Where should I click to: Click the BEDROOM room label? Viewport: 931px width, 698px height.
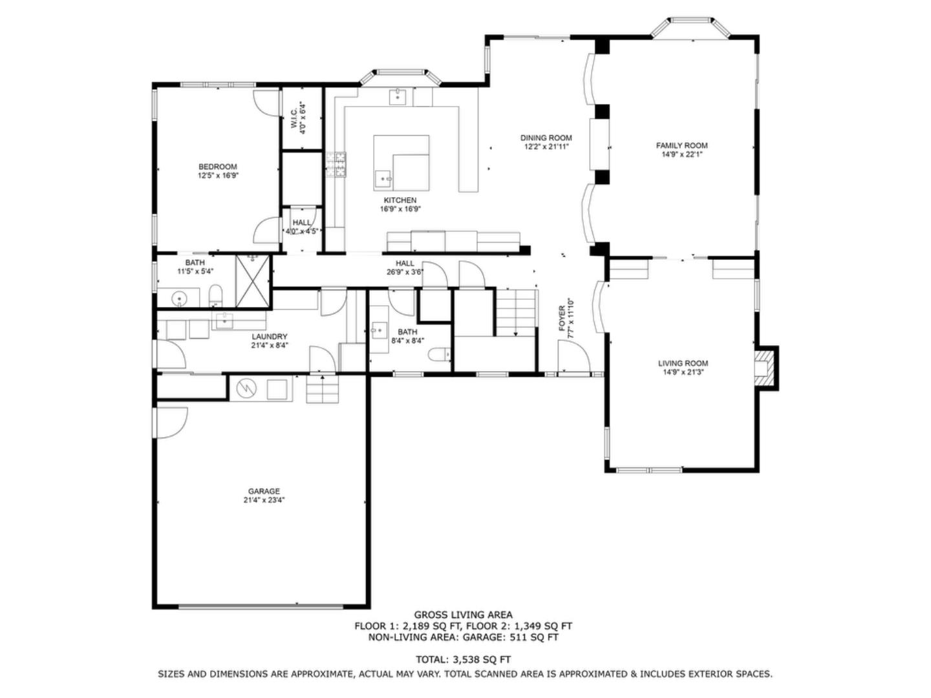(x=217, y=167)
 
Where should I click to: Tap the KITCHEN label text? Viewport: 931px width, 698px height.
(x=400, y=200)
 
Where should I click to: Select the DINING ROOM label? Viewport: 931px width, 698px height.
(x=546, y=138)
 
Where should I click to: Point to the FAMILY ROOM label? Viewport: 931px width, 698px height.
(x=681, y=145)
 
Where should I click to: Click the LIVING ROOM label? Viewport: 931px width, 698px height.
(x=683, y=363)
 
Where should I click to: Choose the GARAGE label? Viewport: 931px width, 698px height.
(x=264, y=491)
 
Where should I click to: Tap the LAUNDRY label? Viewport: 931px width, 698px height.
(x=269, y=337)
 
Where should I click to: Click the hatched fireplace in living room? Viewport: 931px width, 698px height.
(x=765, y=368)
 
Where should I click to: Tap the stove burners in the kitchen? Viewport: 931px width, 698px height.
(x=336, y=165)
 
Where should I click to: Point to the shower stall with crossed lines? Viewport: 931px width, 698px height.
(x=252, y=281)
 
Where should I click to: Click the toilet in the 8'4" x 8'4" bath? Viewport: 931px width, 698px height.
(x=442, y=355)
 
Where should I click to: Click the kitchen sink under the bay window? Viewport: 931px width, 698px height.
(x=398, y=98)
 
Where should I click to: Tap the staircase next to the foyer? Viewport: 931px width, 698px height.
(x=517, y=312)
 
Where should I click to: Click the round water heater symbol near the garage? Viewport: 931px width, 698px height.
(x=246, y=388)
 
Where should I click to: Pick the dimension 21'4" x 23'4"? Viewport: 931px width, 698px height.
(x=264, y=500)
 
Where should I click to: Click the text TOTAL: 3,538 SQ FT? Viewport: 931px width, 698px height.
(x=463, y=660)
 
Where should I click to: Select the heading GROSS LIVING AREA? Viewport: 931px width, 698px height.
(x=463, y=615)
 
